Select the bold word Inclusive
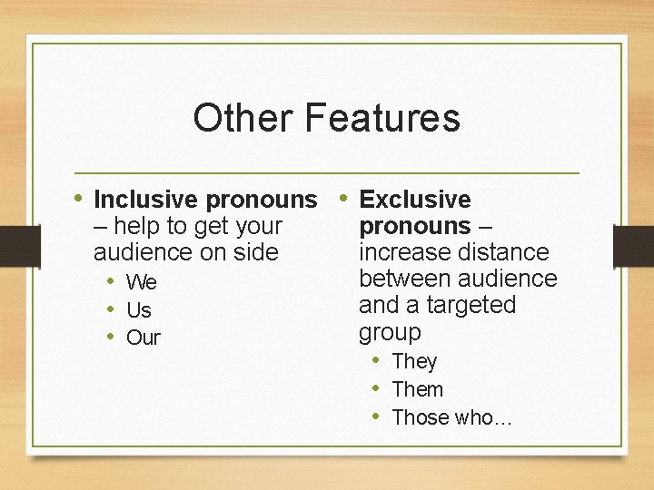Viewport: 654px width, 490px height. (147, 200)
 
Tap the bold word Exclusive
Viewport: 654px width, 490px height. (415, 200)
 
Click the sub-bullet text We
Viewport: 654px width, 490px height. (142, 283)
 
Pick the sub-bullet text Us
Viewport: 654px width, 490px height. (139, 310)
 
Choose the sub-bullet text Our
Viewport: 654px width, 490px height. (144, 338)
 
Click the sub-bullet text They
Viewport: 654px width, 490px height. (414, 361)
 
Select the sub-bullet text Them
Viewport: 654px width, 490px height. (418, 389)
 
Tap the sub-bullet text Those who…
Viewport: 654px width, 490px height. (451, 417)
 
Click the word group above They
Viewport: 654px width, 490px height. (391, 332)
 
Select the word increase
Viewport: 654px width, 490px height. (401, 252)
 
